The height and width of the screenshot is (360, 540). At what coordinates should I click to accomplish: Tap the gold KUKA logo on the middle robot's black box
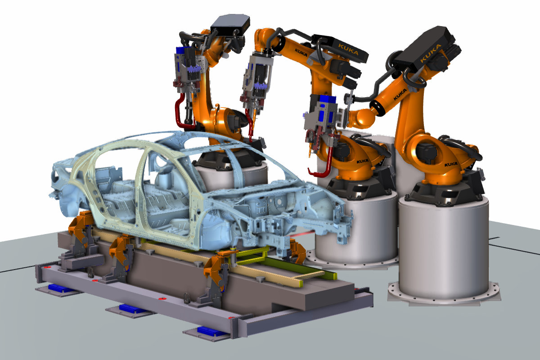point(348,49)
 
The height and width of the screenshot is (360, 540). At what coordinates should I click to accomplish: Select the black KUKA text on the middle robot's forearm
point(301,52)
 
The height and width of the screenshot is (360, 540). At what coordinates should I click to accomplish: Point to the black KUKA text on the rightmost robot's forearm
point(400,94)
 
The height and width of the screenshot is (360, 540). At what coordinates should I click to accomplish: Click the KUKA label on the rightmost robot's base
point(451,164)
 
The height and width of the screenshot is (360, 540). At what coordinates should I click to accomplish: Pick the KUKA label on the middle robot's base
point(362,161)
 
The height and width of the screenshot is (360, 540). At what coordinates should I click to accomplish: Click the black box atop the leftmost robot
point(230,24)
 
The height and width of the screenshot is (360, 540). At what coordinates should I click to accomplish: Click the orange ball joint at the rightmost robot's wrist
point(365,118)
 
